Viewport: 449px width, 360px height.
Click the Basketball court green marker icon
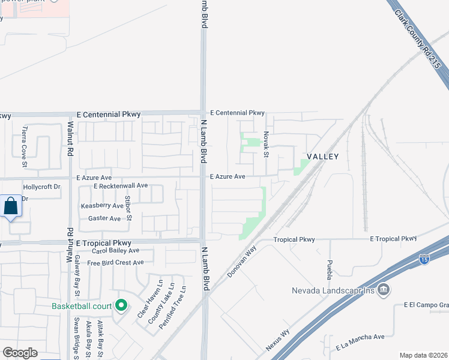point(121,306)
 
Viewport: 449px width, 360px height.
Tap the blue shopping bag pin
point(11,206)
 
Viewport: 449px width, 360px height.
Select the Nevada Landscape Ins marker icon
point(384,291)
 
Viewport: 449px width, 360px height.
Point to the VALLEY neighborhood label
point(323,157)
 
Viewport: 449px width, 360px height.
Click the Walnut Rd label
point(70,139)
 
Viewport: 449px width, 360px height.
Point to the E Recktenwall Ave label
point(120,186)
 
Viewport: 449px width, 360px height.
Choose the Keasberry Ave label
point(102,206)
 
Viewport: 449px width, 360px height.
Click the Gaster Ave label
point(104,218)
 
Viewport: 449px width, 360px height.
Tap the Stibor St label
point(128,208)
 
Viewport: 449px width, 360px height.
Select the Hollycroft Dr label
point(42,187)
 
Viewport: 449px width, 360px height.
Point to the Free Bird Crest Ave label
point(115,262)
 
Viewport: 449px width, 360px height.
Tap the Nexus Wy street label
point(278,340)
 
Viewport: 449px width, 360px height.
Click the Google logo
point(20,353)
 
